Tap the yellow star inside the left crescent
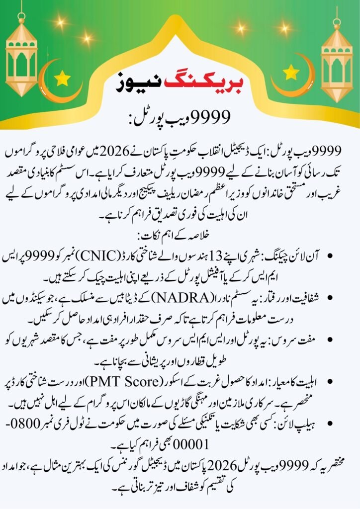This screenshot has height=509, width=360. coord(63,78)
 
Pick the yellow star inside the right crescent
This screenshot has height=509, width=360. coord(290,73)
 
